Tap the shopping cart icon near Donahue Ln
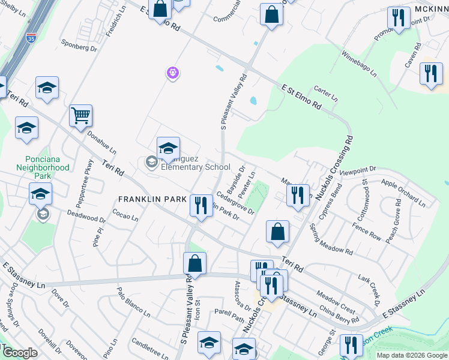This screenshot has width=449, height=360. click(x=80, y=115)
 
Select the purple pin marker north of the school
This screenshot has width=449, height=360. click(x=172, y=73)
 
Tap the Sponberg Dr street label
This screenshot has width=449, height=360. click(x=79, y=45)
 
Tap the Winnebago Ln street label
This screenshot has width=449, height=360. click(x=359, y=64)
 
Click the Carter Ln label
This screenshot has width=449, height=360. click(x=326, y=92)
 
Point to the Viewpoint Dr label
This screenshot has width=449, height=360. click(x=357, y=170)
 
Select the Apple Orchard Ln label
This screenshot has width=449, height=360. click(x=403, y=191)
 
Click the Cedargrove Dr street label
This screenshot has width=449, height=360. click(x=236, y=203)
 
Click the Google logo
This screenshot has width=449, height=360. click(x=20, y=353)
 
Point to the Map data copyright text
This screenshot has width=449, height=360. click(x=411, y=355)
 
